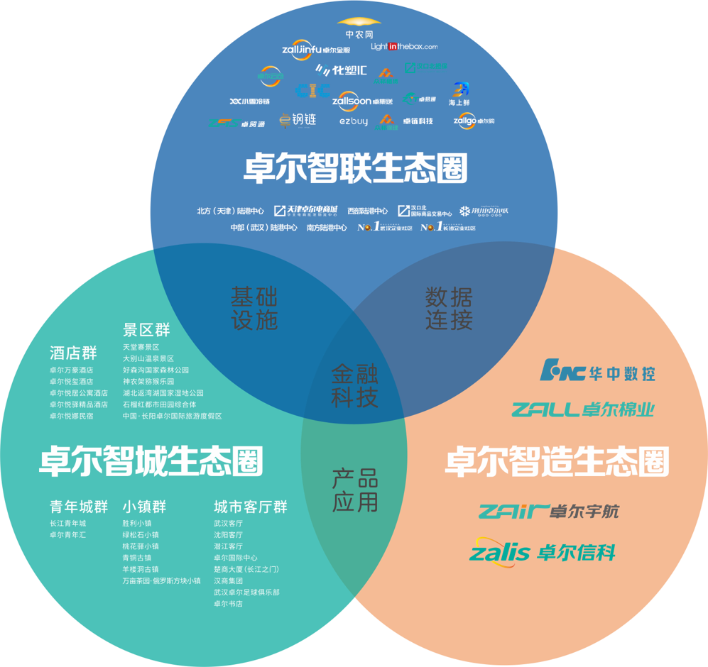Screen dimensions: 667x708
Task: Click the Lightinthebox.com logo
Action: [x=404, y=47]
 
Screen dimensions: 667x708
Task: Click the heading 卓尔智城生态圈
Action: [x=151, y=461]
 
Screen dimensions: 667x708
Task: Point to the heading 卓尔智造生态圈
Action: [x=557, y=461]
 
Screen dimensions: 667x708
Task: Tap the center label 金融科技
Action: [x=354, y=386]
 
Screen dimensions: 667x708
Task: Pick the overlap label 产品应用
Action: [x=355, y=490]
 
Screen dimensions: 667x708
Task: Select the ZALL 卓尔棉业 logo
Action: [x=582, y=409]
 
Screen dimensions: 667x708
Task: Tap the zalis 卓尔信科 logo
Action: [x=543, y=551]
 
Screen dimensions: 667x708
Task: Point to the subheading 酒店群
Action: [x=73, y=353]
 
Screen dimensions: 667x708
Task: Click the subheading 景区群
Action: [x=146, y=330]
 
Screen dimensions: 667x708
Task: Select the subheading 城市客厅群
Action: [x=251, y=507]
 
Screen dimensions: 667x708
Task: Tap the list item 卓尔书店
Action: [x=228, y=604]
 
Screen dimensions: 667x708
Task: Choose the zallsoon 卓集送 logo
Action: [x=362, y=101]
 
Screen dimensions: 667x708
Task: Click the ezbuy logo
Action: [x=354, y=122]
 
